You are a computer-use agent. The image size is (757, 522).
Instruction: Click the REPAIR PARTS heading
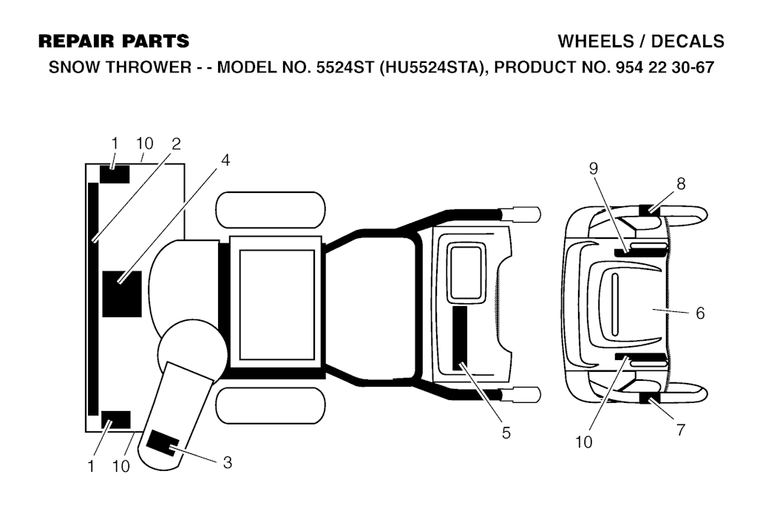coord(114,41)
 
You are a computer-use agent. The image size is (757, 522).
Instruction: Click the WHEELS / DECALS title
coord(641,41)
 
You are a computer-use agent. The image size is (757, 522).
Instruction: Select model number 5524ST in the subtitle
coord(344,67)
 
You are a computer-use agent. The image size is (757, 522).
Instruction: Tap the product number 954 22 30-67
coord(665,67)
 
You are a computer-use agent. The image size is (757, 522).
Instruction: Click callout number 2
coord(176,143)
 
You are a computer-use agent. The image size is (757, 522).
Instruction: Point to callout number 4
coord(225,160)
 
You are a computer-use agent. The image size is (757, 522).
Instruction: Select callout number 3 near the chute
coord(228,463)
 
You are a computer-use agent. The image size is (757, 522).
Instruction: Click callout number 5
coord(506,433)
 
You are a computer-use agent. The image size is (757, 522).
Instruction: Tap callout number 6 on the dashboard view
coord(700,313)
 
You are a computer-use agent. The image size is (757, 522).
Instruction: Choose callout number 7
coord(681,430)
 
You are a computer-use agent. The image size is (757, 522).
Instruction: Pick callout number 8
coord(681,183)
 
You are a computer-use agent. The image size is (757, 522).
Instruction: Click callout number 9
coord(594,168)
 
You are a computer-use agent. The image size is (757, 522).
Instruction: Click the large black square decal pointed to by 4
coord(122,294)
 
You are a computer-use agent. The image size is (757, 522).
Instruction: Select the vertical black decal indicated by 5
coord(460,338)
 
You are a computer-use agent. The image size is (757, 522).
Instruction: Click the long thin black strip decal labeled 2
coord(93,299)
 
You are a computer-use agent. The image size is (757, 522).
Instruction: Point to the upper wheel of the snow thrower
coord(270,211)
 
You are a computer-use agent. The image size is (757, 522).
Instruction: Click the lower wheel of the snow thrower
coord(270,405)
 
